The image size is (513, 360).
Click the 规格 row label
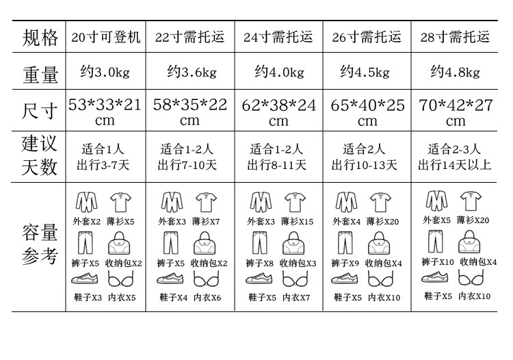point(40,38)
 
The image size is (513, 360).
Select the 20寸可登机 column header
point(105,37)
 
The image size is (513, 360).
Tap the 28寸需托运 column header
point(455,37)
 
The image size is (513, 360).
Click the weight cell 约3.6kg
point(192,71)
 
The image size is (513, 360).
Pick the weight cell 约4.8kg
point(455,71)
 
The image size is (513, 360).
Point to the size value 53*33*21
point(105,105)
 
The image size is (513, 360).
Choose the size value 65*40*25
point(367,105)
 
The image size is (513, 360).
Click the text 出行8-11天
point(277,165)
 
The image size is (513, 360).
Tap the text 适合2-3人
point(454,149)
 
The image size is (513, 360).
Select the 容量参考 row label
point(40,244)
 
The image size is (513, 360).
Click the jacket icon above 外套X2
point(86,202)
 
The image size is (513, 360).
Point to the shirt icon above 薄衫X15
point(295,202)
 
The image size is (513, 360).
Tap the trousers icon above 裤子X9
point(345,243)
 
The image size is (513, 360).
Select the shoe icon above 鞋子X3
point(85,279)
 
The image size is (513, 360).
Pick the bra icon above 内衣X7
point(295,279)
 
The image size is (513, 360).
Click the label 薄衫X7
point(206,222)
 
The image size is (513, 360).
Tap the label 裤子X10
point(438,262)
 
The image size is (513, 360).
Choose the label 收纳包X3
point(298,263)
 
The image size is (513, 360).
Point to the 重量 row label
point(40,75)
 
